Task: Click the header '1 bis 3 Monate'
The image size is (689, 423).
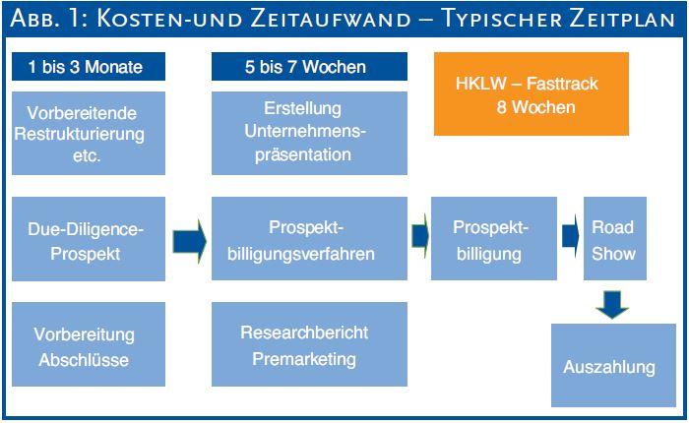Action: pyautogui.click(x=89, y=66)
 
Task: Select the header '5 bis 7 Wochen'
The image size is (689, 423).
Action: pyautogui.click(x=309, y=66)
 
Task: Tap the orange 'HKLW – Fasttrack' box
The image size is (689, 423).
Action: pyautogui.click(x=532, y=94)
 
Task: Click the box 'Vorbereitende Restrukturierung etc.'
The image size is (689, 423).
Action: pyautogui.click(x=89, y=133)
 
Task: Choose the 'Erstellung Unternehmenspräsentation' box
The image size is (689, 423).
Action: pyautogui.click(x=309, y=133)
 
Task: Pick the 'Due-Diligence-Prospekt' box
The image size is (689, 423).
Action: pyautogui.click(x=89, y=238)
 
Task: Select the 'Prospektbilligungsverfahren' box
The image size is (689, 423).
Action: pyautogui.click(x=309, y=238)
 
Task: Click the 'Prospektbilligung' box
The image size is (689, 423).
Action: pyautogui.click(x=494, y=238)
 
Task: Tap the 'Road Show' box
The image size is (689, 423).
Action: pyautogui.click(x=615, y=238)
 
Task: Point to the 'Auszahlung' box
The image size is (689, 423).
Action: pyautogui.click(x=613, y=366)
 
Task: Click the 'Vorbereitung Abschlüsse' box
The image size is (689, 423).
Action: pyautogui.click(x=89, y=344)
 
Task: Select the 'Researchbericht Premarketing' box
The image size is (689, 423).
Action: pyautogui.click(x=309, y=344)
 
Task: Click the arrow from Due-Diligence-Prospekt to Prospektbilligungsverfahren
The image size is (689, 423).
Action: pyautogui.click(x=189, y=242)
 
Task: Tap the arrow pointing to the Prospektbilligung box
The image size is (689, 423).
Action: pyautogui.click(x=420, y=236)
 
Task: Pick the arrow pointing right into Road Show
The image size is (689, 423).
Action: pyautogui.click(x=571, y=236)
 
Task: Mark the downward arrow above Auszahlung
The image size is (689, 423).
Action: pyautogui.click(x=612, y=304)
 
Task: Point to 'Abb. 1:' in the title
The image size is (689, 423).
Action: pyautogui.click(x=48, y=19)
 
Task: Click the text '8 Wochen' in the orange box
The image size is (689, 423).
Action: pyautogui.click(x=535, y=107)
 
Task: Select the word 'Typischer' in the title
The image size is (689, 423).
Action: pyautogui.click(x=501, y=20)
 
